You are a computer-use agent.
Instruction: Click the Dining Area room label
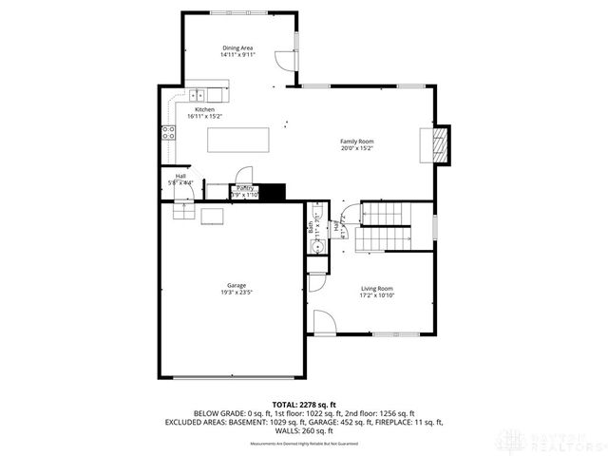237,47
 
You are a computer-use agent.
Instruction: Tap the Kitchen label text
205,110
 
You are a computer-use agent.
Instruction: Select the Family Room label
357,142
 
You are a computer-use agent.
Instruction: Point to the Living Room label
376,288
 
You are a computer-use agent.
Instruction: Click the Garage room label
237,285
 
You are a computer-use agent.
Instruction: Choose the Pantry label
245,188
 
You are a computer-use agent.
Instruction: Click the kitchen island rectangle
238,140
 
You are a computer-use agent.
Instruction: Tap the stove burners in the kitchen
168,132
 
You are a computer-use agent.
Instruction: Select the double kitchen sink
199,94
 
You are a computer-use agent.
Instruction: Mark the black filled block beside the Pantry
273,192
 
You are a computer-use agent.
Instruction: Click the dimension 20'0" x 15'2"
357,148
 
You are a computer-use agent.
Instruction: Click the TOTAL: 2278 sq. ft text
305,405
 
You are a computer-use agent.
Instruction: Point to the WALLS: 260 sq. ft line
304,431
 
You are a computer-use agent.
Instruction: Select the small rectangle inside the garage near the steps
212,217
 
